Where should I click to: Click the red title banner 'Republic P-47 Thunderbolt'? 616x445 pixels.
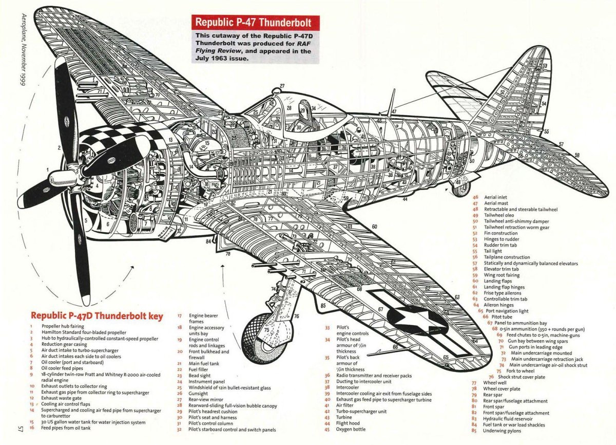tap(255, 23)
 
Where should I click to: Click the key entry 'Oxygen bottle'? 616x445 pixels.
tap(351, 429)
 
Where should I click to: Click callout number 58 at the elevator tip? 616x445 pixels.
tap(577, 155)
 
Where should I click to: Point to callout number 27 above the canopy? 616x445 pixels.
tap(282, 86)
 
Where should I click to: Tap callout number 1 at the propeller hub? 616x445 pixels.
tap(48, 169)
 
